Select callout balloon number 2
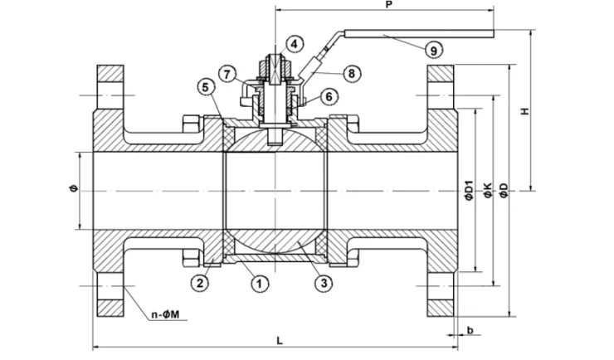[199, 283]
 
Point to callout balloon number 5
[205, 86]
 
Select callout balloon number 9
[432, 51]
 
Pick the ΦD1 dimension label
[468, 189]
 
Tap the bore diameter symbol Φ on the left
[73, 189]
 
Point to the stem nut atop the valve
[274, 63]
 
